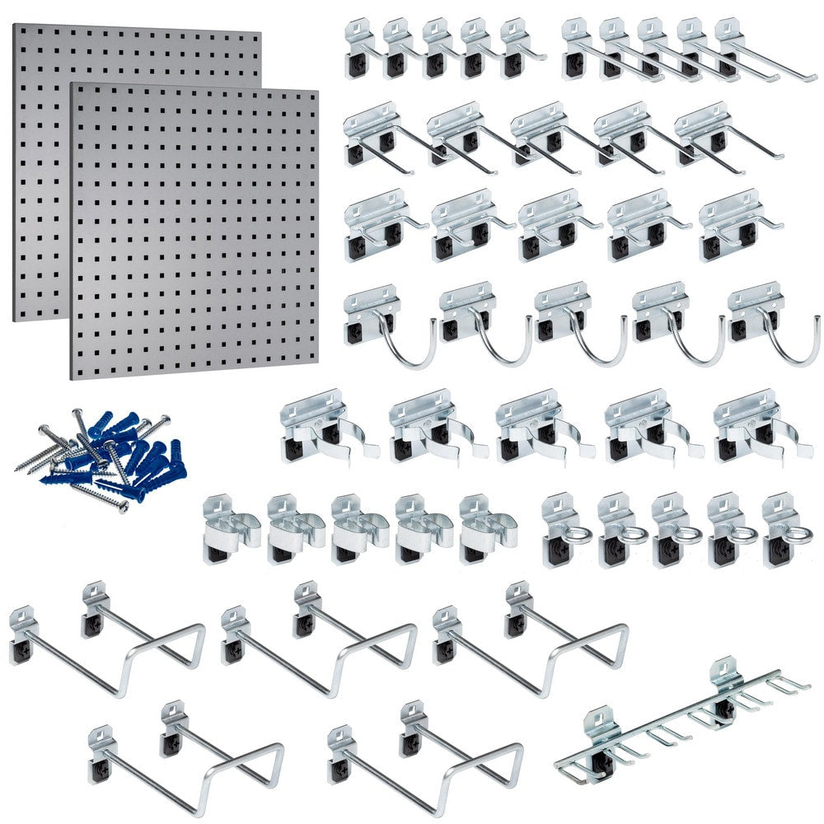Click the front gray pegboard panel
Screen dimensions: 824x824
(194, 231)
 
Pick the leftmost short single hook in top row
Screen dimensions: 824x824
(361, 49)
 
